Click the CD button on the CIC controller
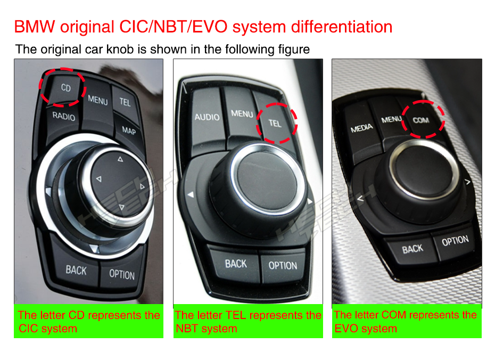(64, 88)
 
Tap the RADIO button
(64, 117)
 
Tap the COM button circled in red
(421, 120)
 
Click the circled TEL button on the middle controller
(275, 123)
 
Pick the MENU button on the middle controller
(241, 113)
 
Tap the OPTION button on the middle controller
(283, 266)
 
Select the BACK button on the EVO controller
(412, 249)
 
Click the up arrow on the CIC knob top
(120, 159)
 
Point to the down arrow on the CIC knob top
(121, 207)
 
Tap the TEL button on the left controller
(125, 102)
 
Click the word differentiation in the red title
(342, 27)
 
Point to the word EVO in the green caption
(345, 329)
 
